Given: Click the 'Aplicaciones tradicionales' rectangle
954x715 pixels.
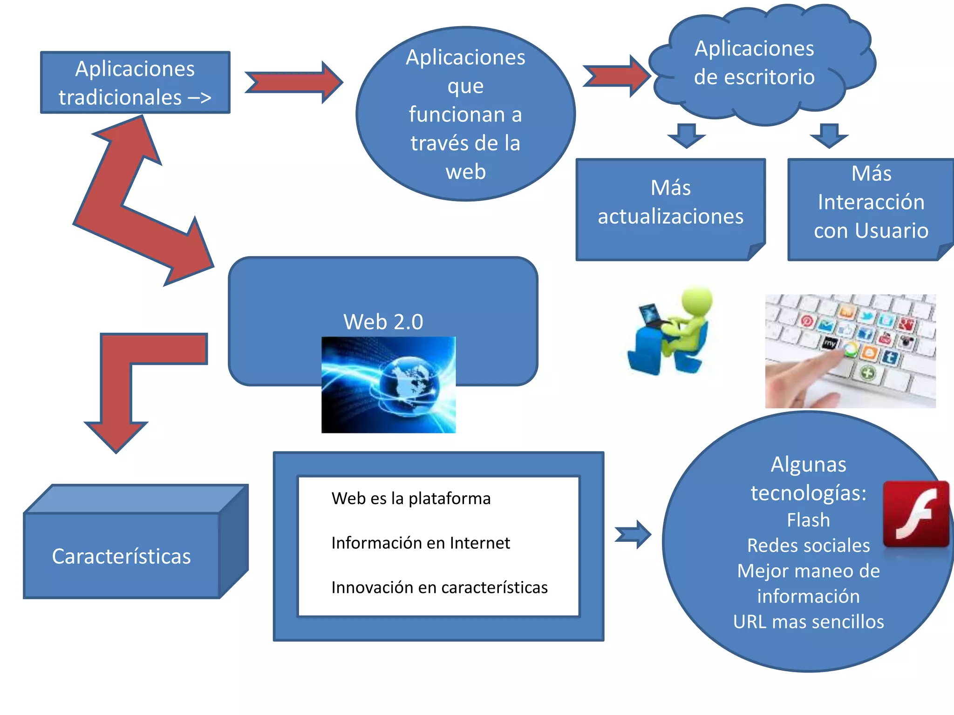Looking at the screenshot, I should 135,82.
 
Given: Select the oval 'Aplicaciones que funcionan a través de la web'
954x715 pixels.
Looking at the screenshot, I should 465,114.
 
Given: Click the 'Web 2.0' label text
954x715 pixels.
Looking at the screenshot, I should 383,322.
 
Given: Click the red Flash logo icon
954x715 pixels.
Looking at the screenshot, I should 916,513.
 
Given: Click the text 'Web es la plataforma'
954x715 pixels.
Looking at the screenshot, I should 411,499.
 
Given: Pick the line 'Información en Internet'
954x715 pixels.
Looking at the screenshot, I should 421,543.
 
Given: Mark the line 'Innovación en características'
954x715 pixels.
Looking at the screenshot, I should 439,587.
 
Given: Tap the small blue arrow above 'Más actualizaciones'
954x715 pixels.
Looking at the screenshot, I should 686,135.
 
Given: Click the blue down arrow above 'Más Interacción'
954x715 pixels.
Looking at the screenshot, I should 829,135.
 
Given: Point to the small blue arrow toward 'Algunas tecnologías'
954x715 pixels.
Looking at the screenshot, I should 633,534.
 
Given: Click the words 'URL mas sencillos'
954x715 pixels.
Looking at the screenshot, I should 808,622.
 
